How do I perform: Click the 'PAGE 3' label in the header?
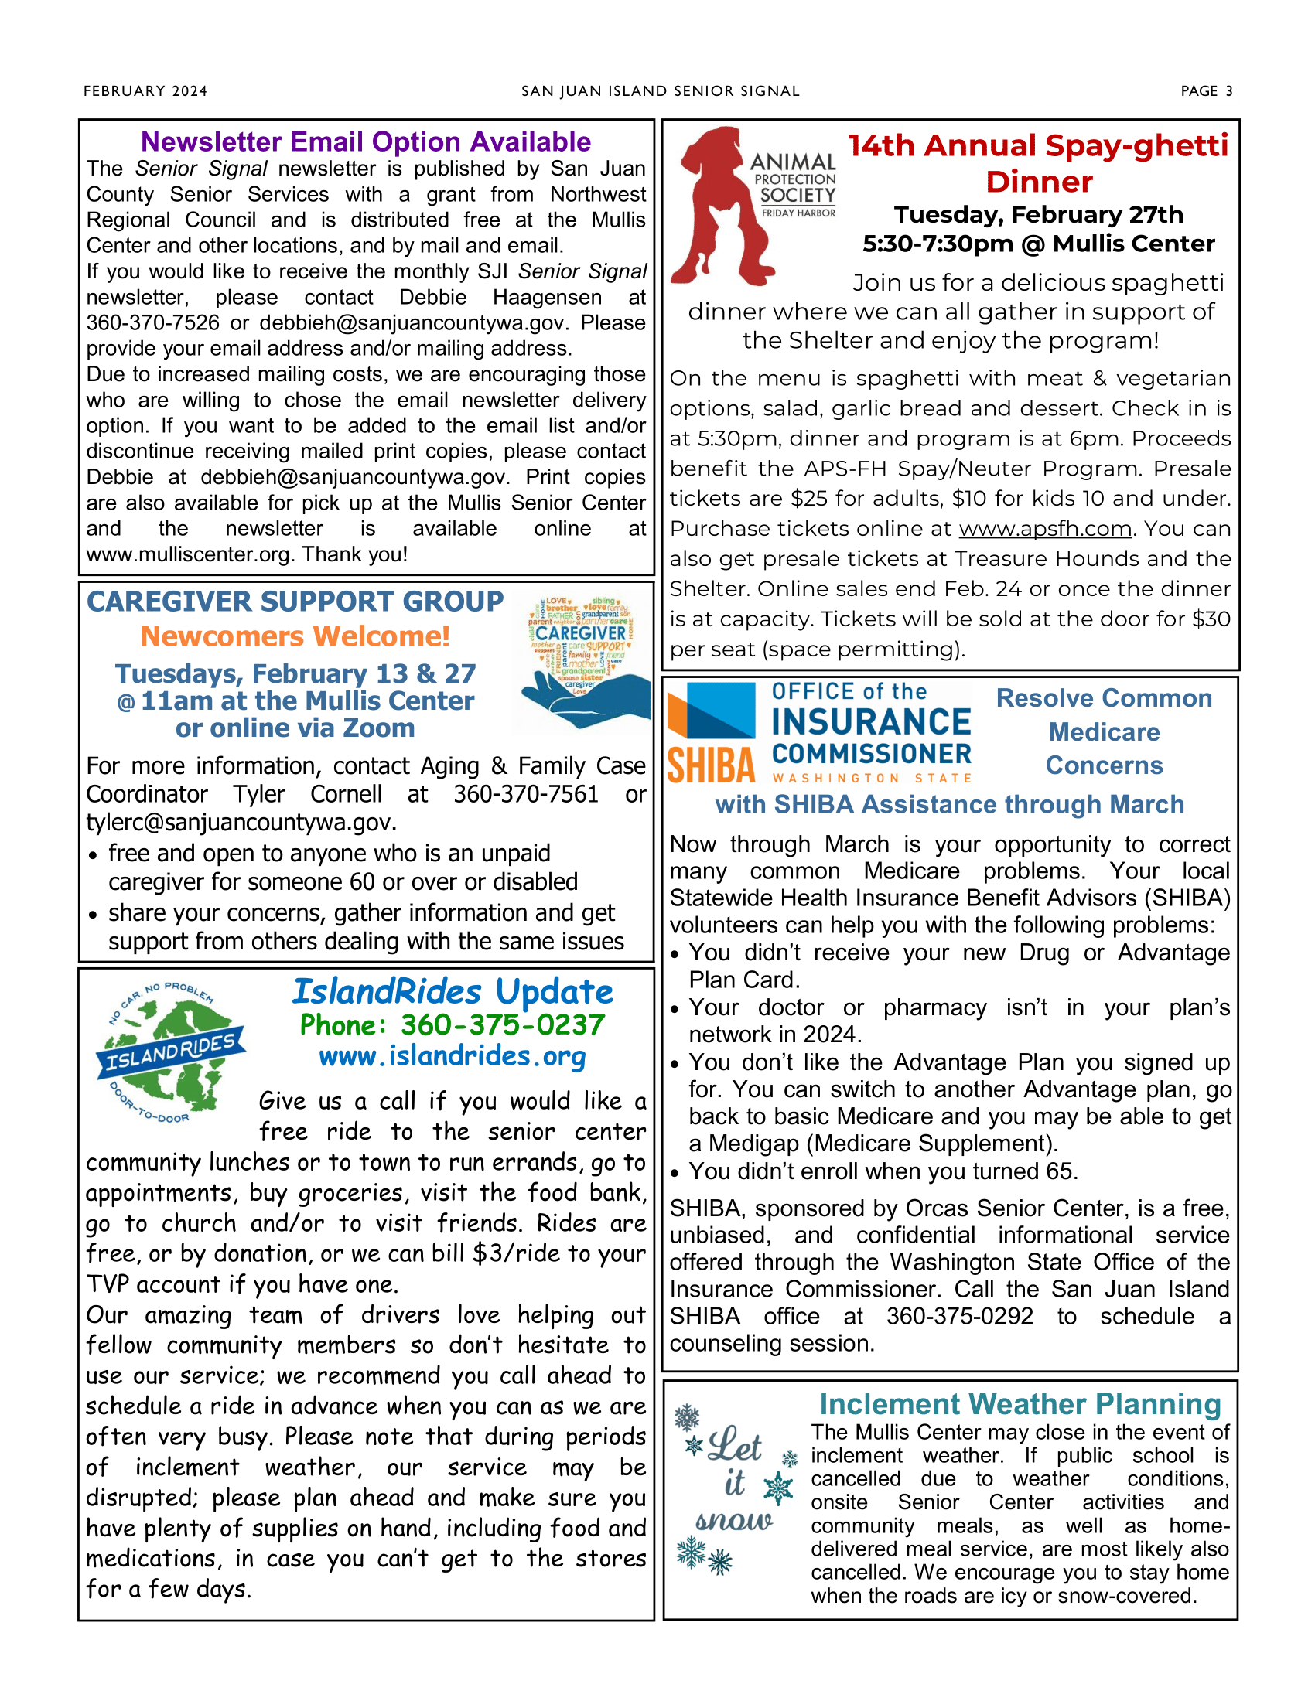(x=1206, y=91)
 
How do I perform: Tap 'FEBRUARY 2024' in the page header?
(x=145, y=91)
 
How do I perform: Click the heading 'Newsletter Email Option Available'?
(x=365, y=141)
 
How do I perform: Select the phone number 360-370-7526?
(x=152, y=322)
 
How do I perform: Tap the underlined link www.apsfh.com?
(x=1044, y=529)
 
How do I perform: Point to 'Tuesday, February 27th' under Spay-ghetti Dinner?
(x=1037, y=214)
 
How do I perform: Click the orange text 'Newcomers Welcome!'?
(x=295, y=636)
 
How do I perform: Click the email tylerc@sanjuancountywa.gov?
(x=241, y=823)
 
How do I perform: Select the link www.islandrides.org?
(x=452, y=1056)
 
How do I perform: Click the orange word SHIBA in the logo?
(x=711, y=765)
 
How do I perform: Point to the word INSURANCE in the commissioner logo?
(x=871, y=722)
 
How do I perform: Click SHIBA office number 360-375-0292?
(x=959, y=1316)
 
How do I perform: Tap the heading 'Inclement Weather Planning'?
(x=1020, y=1404)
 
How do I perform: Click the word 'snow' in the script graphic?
(x=733, y=1520)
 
